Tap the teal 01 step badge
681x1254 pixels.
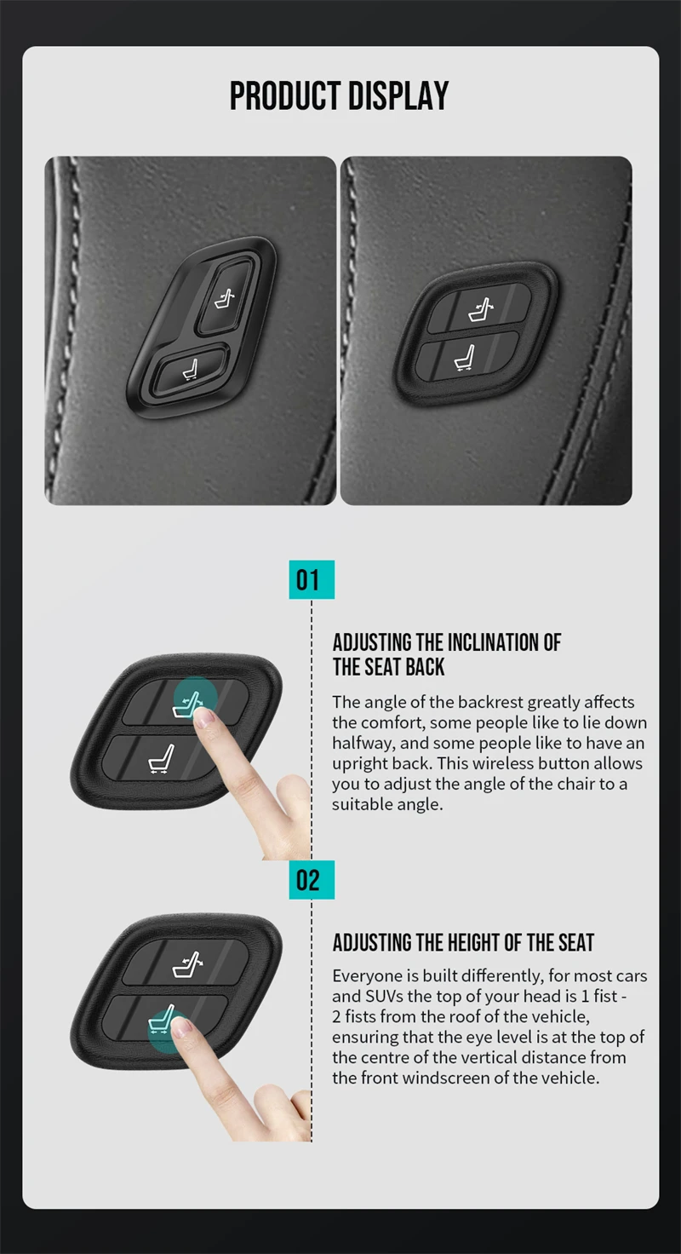(x=311, y=580)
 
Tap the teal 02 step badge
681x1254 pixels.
(x=311, y=879)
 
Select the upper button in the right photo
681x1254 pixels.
(x=479, y=308)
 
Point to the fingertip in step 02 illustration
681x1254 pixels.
(x=180, y=1028)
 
